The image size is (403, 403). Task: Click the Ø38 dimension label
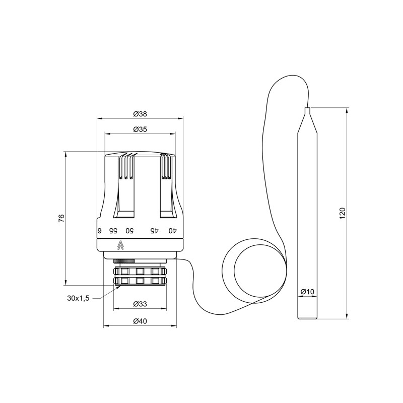point(140,113)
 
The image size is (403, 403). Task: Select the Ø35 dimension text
point(140,129)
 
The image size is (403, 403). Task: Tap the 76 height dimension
point(61,218)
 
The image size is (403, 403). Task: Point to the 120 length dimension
point(342,213)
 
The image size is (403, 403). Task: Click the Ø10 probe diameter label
point(307,292)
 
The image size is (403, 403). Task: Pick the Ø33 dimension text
point(140,304)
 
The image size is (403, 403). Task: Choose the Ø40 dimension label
point(140,321)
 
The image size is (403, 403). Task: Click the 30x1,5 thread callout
point(78,298)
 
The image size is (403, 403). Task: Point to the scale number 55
point(114,231)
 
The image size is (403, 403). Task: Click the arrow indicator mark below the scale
point(120,245)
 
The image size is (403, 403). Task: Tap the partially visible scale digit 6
point(99,231)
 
